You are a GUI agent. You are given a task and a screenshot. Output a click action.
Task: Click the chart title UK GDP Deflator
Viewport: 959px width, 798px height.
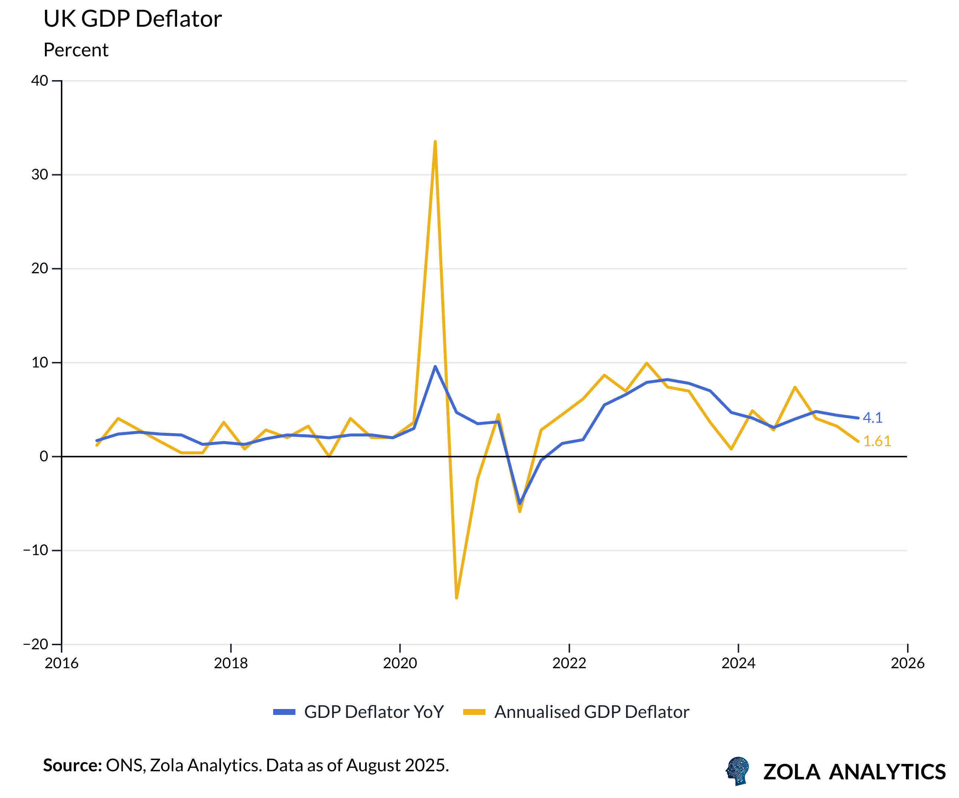coord(132,19)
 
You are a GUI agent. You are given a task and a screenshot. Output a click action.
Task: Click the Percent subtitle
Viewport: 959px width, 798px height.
coord(76,50)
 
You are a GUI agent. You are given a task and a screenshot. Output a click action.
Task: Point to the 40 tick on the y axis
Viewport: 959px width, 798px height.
coord(40,81)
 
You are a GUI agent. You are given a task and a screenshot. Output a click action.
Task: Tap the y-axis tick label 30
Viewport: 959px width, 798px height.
coord(40,175)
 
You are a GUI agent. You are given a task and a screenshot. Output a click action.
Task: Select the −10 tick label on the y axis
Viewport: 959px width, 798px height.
coord(36,550)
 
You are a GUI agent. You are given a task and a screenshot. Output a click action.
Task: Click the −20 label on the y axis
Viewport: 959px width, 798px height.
coord(36,644)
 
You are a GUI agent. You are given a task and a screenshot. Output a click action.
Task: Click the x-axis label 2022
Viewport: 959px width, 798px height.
coord(569,663)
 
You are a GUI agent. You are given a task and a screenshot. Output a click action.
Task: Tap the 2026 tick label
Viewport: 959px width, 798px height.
coord(907,663)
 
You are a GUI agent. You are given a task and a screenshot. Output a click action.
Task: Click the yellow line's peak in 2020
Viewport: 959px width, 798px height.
coord(435,142)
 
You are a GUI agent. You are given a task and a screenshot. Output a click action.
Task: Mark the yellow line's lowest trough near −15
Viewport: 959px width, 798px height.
coord(456,598)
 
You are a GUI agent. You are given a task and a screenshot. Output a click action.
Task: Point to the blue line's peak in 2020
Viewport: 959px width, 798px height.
coord(435,366)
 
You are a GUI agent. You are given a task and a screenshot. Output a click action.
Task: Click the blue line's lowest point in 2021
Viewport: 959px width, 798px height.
coord(520,503)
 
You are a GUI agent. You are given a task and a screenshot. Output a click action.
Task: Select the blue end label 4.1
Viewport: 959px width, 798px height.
coord(872,418)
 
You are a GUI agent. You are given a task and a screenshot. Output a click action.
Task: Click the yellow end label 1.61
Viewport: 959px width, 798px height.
coord(877,441)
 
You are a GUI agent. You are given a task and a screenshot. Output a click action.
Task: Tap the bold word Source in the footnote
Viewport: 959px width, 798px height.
coord(72,765)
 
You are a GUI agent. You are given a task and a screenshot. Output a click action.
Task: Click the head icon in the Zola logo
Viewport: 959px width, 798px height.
coord(738,771)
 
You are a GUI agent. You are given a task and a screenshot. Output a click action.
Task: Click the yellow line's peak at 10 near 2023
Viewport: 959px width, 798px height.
coord(647,363)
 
